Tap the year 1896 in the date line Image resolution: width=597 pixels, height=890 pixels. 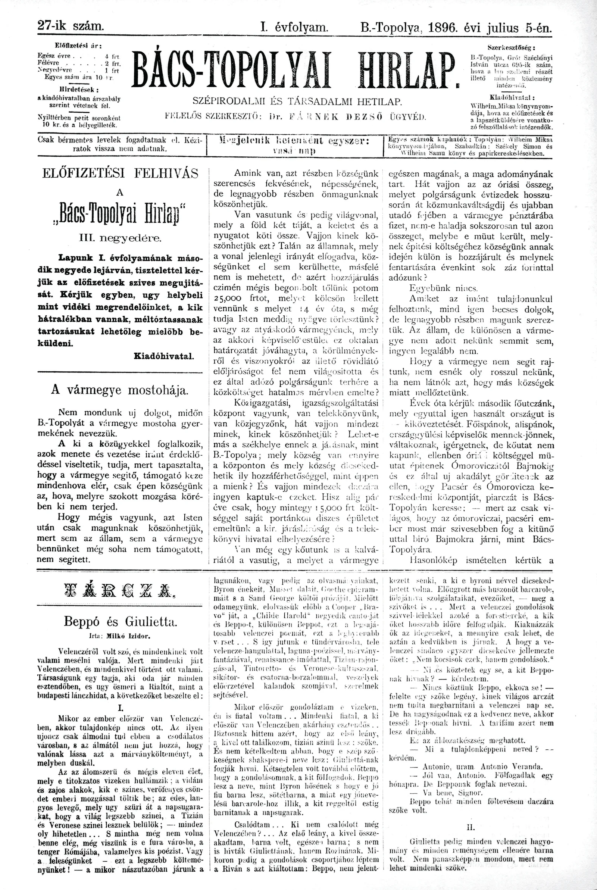(443, 27)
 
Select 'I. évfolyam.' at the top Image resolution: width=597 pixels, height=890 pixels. (294, 27)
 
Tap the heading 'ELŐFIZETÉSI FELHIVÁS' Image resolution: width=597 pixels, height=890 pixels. (120, 174)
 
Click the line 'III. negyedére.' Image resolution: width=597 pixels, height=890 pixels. (120, 239)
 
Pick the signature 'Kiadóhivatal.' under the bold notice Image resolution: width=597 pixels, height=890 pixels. (164, 356)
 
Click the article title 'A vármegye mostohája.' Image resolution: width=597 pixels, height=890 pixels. (119, 391)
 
